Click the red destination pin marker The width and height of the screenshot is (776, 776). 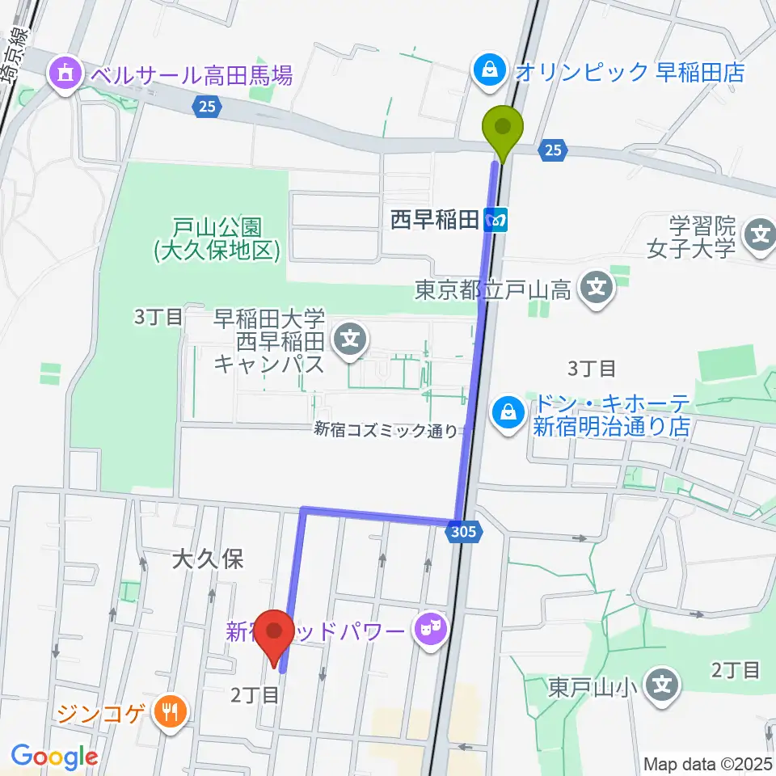click(276, 632)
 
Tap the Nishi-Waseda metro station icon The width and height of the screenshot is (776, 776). click(496, 219)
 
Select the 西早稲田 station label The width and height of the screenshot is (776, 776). click(435, 220)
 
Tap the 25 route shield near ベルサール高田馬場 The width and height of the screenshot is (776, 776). click(207, 105)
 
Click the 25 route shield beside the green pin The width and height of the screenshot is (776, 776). click(552, 150)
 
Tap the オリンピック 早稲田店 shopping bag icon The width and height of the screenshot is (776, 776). click(489, 70)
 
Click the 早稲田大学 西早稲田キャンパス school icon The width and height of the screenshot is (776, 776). click(350, 338)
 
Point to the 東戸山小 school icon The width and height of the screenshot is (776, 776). click(662, 688)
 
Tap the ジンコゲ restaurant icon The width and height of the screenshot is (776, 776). click(170, 712)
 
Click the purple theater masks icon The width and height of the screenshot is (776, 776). click(431, 628)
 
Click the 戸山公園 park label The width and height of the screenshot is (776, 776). click(217, 240)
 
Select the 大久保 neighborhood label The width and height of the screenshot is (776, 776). click(208, 559)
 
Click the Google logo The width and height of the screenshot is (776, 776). click(54, 755)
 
